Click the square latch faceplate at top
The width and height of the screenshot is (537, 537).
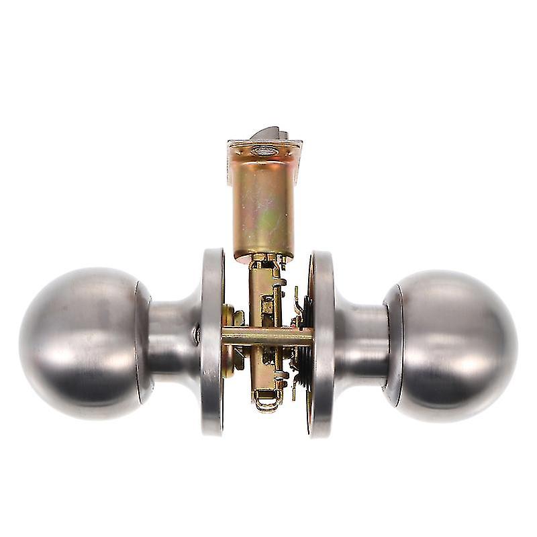(264, 150)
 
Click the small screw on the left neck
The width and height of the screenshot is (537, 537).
(196, 334)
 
